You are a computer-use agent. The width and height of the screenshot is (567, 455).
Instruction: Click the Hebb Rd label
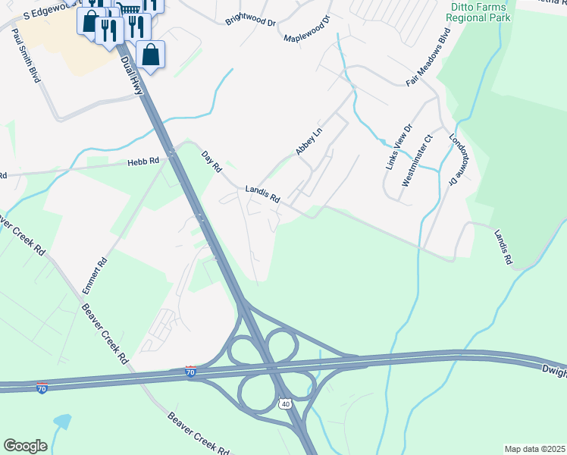(x=143, y=161)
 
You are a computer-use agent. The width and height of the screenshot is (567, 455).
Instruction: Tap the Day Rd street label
(x=211, y=161)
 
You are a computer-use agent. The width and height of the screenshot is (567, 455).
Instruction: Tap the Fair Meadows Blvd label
(x=428, y=58)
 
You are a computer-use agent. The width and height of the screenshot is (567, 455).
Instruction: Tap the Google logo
(x=25, y=446)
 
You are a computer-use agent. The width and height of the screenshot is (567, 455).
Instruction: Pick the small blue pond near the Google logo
(x=61, y=421)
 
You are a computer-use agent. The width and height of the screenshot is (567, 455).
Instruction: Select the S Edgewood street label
(x=45, y=10)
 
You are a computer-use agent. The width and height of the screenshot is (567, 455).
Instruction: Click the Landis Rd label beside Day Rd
(x=263, y=195)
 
